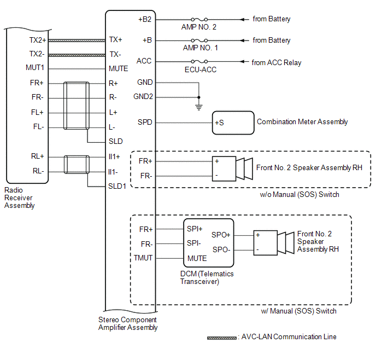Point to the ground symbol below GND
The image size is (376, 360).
198,107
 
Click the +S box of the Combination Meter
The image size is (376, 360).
219,123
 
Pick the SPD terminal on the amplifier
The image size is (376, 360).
145,122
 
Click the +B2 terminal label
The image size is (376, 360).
145,19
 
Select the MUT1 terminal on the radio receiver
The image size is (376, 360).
35,68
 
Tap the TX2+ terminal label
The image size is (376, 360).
38,40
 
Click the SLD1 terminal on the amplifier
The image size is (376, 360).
117,186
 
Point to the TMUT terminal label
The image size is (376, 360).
144,258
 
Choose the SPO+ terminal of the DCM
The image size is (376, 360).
221,234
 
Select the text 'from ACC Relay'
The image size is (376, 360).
277,62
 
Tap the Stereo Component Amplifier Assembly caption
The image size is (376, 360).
128,323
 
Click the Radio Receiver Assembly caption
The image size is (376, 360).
20,198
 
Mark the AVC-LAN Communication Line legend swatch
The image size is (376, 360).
221,338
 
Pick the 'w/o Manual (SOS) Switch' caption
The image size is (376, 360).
299,195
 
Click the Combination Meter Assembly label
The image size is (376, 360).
302,122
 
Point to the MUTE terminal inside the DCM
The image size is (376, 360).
197,258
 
